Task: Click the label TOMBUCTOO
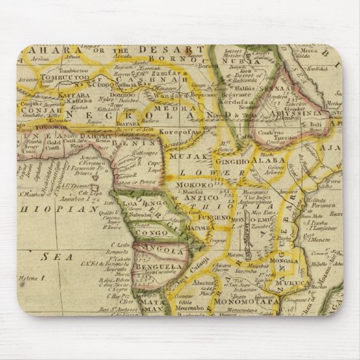[65, 77]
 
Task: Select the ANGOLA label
[161, 249]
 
